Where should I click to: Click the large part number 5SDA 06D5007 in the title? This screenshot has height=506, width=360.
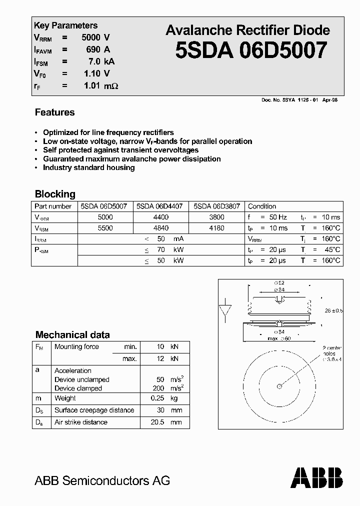[x=251, y=50]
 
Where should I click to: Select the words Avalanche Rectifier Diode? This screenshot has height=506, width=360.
[x=247, y=30]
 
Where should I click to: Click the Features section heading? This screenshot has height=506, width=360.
[x=54, y=112]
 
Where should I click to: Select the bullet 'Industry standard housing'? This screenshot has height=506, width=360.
[x=88, y=167]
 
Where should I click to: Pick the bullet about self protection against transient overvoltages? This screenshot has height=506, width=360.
[x=120, y=150]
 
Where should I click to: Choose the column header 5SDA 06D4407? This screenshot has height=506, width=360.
[x=159, y=206]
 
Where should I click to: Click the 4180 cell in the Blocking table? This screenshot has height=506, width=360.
[x=217, y=228]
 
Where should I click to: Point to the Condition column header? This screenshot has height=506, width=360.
[x=262, y=206]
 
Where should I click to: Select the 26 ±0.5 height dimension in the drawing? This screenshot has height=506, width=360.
[x=333, y=310]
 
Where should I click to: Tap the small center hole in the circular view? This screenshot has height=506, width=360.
[x=279, y=385]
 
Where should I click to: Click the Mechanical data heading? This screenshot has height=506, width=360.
[x=72, y=335]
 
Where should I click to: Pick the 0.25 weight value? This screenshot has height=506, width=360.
[x=157, y=398]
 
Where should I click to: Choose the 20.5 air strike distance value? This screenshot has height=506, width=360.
[x=156, y=422]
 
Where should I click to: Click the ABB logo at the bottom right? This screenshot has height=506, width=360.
[x=317, y=477]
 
